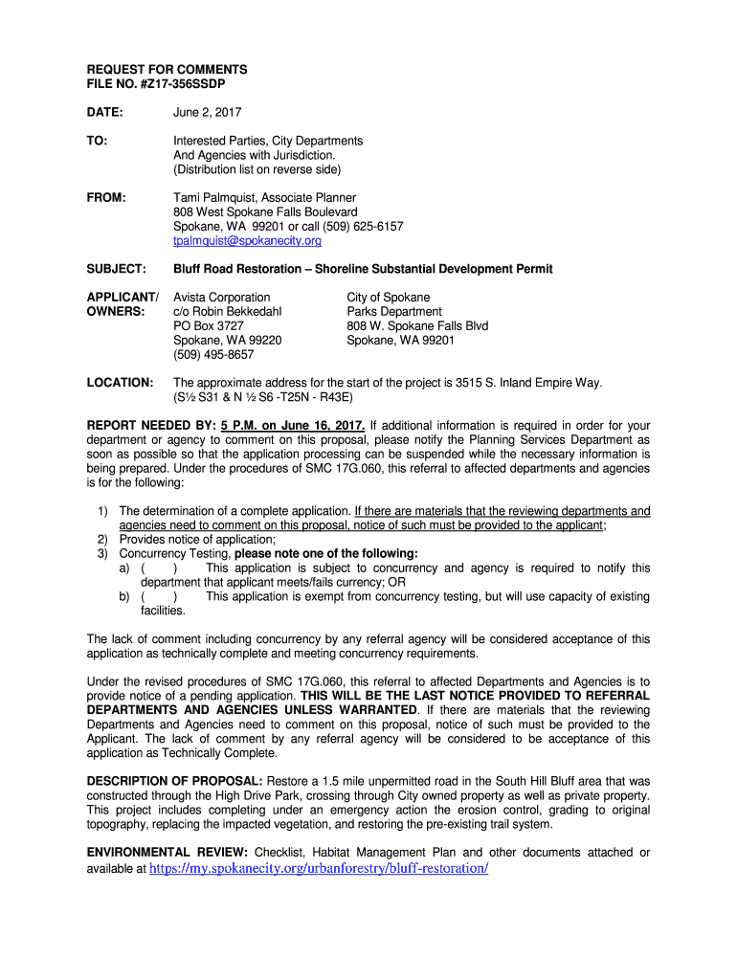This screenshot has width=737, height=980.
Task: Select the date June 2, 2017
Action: click(x=207, y=112)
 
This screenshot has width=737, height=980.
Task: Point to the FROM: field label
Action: click(x=106, y=198)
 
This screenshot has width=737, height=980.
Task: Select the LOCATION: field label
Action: click(x=120, y=382)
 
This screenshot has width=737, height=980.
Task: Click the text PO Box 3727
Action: click(x=208, y=325)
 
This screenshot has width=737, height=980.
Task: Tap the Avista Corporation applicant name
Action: click(x=221, y=298)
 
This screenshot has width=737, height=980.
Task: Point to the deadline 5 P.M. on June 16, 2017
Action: click(x=292, y=425)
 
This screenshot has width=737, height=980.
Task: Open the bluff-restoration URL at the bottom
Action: click(x=319, y=868)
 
